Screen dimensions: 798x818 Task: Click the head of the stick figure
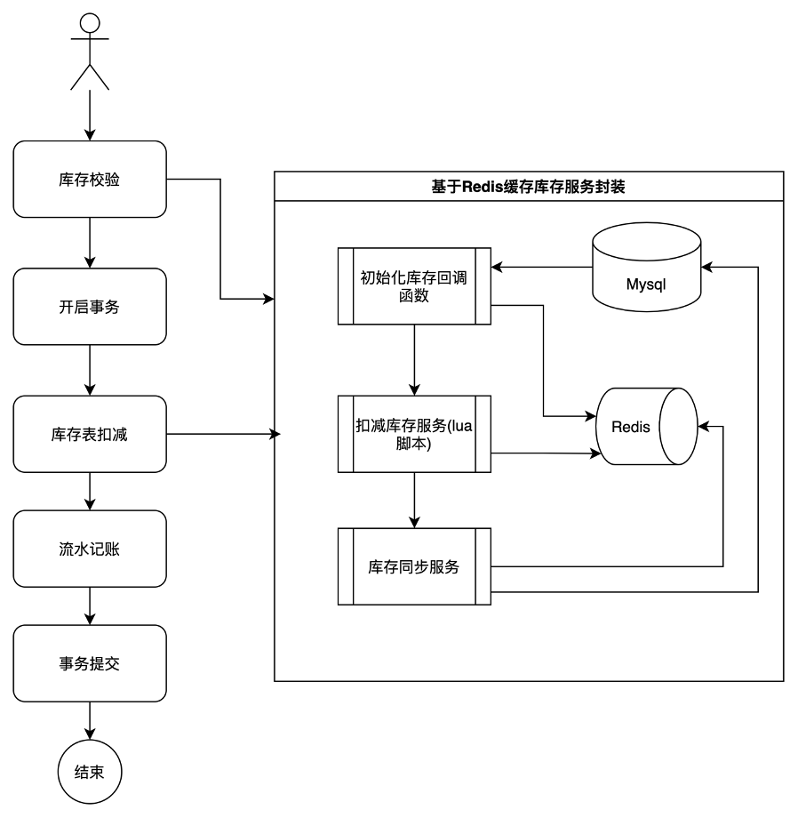coord(90,23)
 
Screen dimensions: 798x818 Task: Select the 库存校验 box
coord(90,179)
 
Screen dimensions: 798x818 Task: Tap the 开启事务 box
coord(90,306)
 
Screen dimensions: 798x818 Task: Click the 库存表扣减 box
coord(90,434)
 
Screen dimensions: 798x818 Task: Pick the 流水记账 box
coord(90,549)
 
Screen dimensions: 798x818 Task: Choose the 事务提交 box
coord(90,663)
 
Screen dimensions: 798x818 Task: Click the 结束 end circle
coord(90,772)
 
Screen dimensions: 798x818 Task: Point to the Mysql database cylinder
coord(646,267)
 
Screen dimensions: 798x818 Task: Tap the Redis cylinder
coord(646,426)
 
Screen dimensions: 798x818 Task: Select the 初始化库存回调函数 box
coord(414,286)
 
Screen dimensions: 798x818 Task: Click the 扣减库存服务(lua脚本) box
coord(414,434)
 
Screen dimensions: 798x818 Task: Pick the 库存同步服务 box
coord(414,566)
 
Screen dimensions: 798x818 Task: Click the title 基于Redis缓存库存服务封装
coord(528,186)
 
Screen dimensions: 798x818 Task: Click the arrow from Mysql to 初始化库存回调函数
coord(542,267)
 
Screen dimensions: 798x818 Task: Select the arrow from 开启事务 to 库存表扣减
coord(90,370)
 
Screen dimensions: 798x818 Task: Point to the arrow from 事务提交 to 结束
coord(90,720)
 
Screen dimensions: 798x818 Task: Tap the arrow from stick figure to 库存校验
coord(90,116)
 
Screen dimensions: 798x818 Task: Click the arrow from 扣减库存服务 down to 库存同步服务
coord(414,500)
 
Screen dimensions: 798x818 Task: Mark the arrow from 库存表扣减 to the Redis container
coord(224,434)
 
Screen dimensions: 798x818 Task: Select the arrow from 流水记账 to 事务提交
coord(90,605)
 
